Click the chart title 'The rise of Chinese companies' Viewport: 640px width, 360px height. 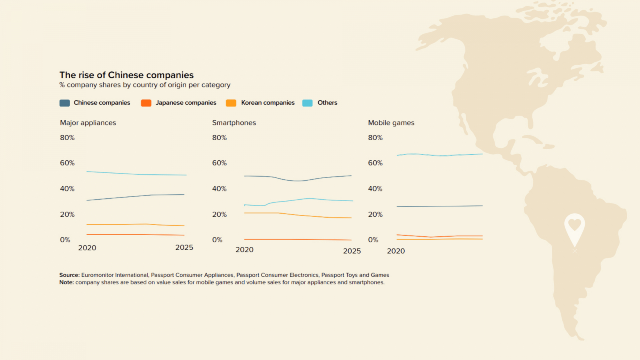pos(126,75)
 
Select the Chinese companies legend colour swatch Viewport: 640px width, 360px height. pos(65,103)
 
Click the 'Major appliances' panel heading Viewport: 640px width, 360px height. pos(88,123)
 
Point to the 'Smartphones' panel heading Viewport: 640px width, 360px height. pos(234,123)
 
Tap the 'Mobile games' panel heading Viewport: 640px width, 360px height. pos(391,123)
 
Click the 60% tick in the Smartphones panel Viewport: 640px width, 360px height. pos(219,163)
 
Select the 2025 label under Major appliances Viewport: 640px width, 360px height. pos(184,248)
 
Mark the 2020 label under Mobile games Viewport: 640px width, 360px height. pos(396,251)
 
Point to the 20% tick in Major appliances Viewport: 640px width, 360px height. pos(67,214)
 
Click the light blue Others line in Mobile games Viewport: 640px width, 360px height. pos(440,155)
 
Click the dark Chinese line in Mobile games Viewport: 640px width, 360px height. pos(440,206)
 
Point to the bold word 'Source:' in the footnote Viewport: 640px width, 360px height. pos(69,275)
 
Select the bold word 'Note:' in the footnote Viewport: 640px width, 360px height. pos(66,282)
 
